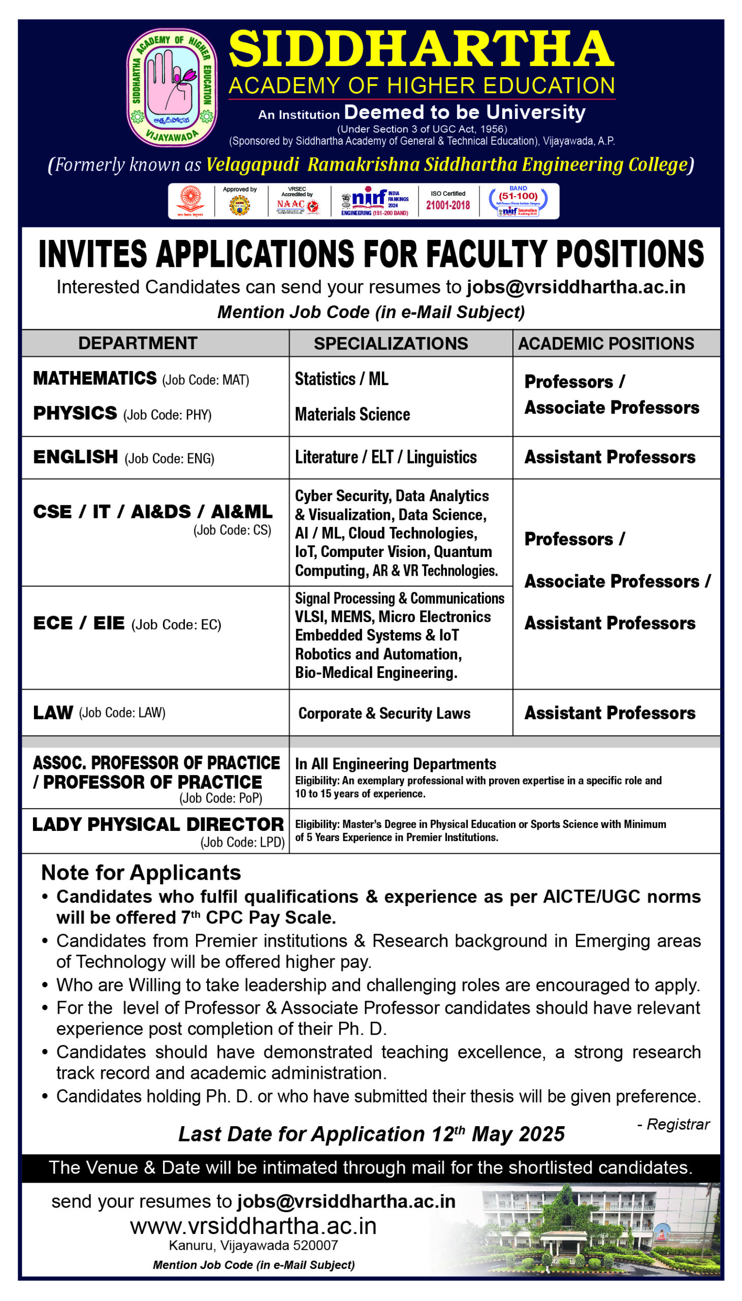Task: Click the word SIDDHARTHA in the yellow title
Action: tap(421, 49)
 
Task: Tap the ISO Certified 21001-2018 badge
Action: tap(448, 201)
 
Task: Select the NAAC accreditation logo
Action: tap(298, 201)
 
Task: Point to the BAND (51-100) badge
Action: tap(518, 201)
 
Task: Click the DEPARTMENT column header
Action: tap(138, 343)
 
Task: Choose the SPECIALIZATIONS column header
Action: tap(391, 344)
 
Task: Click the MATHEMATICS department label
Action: tap(95, 378)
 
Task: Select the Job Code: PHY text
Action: tap(167, 415)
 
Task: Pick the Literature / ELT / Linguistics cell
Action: tap(386, 457)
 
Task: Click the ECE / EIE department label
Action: tap(79, 623)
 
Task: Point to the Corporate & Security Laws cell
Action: tap(384, 713)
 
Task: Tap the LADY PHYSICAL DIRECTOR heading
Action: tap(158, 824)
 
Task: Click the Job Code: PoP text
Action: tap(220, 798)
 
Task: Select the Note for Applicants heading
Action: tap(141, 873)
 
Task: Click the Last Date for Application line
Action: tap(371, 1134)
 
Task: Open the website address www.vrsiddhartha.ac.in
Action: tap(253, 1226)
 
